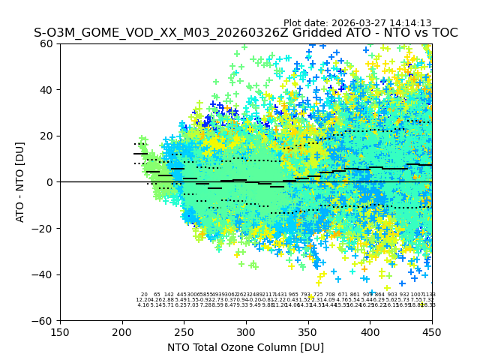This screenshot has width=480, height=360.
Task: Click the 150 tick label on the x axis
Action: [x=60, y=331]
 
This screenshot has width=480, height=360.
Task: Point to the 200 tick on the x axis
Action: [x=122, y=331]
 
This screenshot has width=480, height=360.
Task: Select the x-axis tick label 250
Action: [x=184, y=331]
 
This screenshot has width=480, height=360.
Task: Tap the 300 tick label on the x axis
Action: [x=246, y=331]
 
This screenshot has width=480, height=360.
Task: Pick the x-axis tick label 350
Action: [x=308, y=331]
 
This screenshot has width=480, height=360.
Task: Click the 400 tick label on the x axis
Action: [x=370, y=331]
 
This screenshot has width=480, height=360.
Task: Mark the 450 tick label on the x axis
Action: [x=432, y=331]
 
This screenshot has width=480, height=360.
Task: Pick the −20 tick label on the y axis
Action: [x=45, y=228]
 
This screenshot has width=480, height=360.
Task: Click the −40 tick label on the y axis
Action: [x=45, y=274]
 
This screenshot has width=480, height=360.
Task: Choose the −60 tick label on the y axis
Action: [x=45, y=320]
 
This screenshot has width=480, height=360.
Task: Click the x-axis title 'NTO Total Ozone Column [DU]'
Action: [x=246, y=347]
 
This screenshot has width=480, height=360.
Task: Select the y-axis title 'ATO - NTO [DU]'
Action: [x=20, y=182]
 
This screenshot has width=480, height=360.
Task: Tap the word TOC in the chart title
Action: [x=442, y=33]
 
